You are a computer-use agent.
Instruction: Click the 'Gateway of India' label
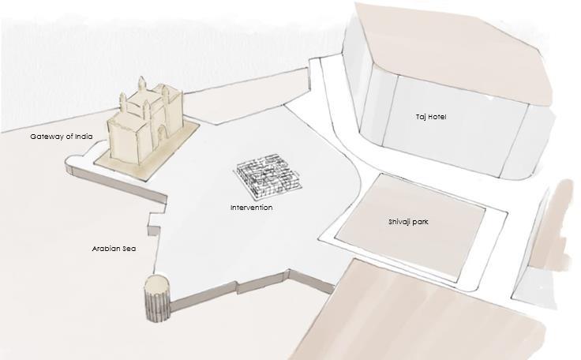point(62,137)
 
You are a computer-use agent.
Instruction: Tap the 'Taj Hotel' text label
point(432,117)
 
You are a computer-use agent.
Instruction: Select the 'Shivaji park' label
point(407,222)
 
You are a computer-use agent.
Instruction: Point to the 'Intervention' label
point(252,208)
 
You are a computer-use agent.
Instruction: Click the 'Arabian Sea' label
point(114,249)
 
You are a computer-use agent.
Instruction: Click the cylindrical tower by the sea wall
point(157,302)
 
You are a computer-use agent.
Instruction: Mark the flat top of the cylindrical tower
point(157,283)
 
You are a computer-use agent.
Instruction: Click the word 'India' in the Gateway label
point(84,137)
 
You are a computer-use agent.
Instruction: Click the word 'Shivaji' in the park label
point(399,222)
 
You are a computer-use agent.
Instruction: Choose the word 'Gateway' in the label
point(47,137)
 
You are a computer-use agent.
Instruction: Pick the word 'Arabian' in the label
point(106,249)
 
